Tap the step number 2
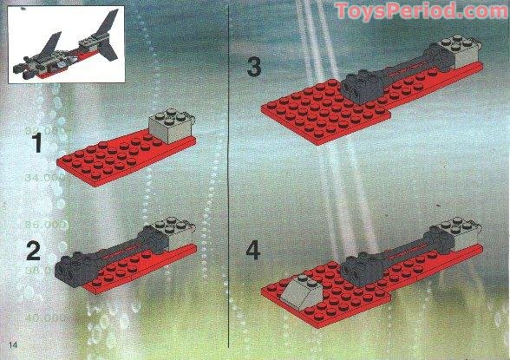(34, 252)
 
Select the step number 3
(253, 67)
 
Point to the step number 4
(253, 251)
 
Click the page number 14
(13, 348)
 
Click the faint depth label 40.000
(48, 318)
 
